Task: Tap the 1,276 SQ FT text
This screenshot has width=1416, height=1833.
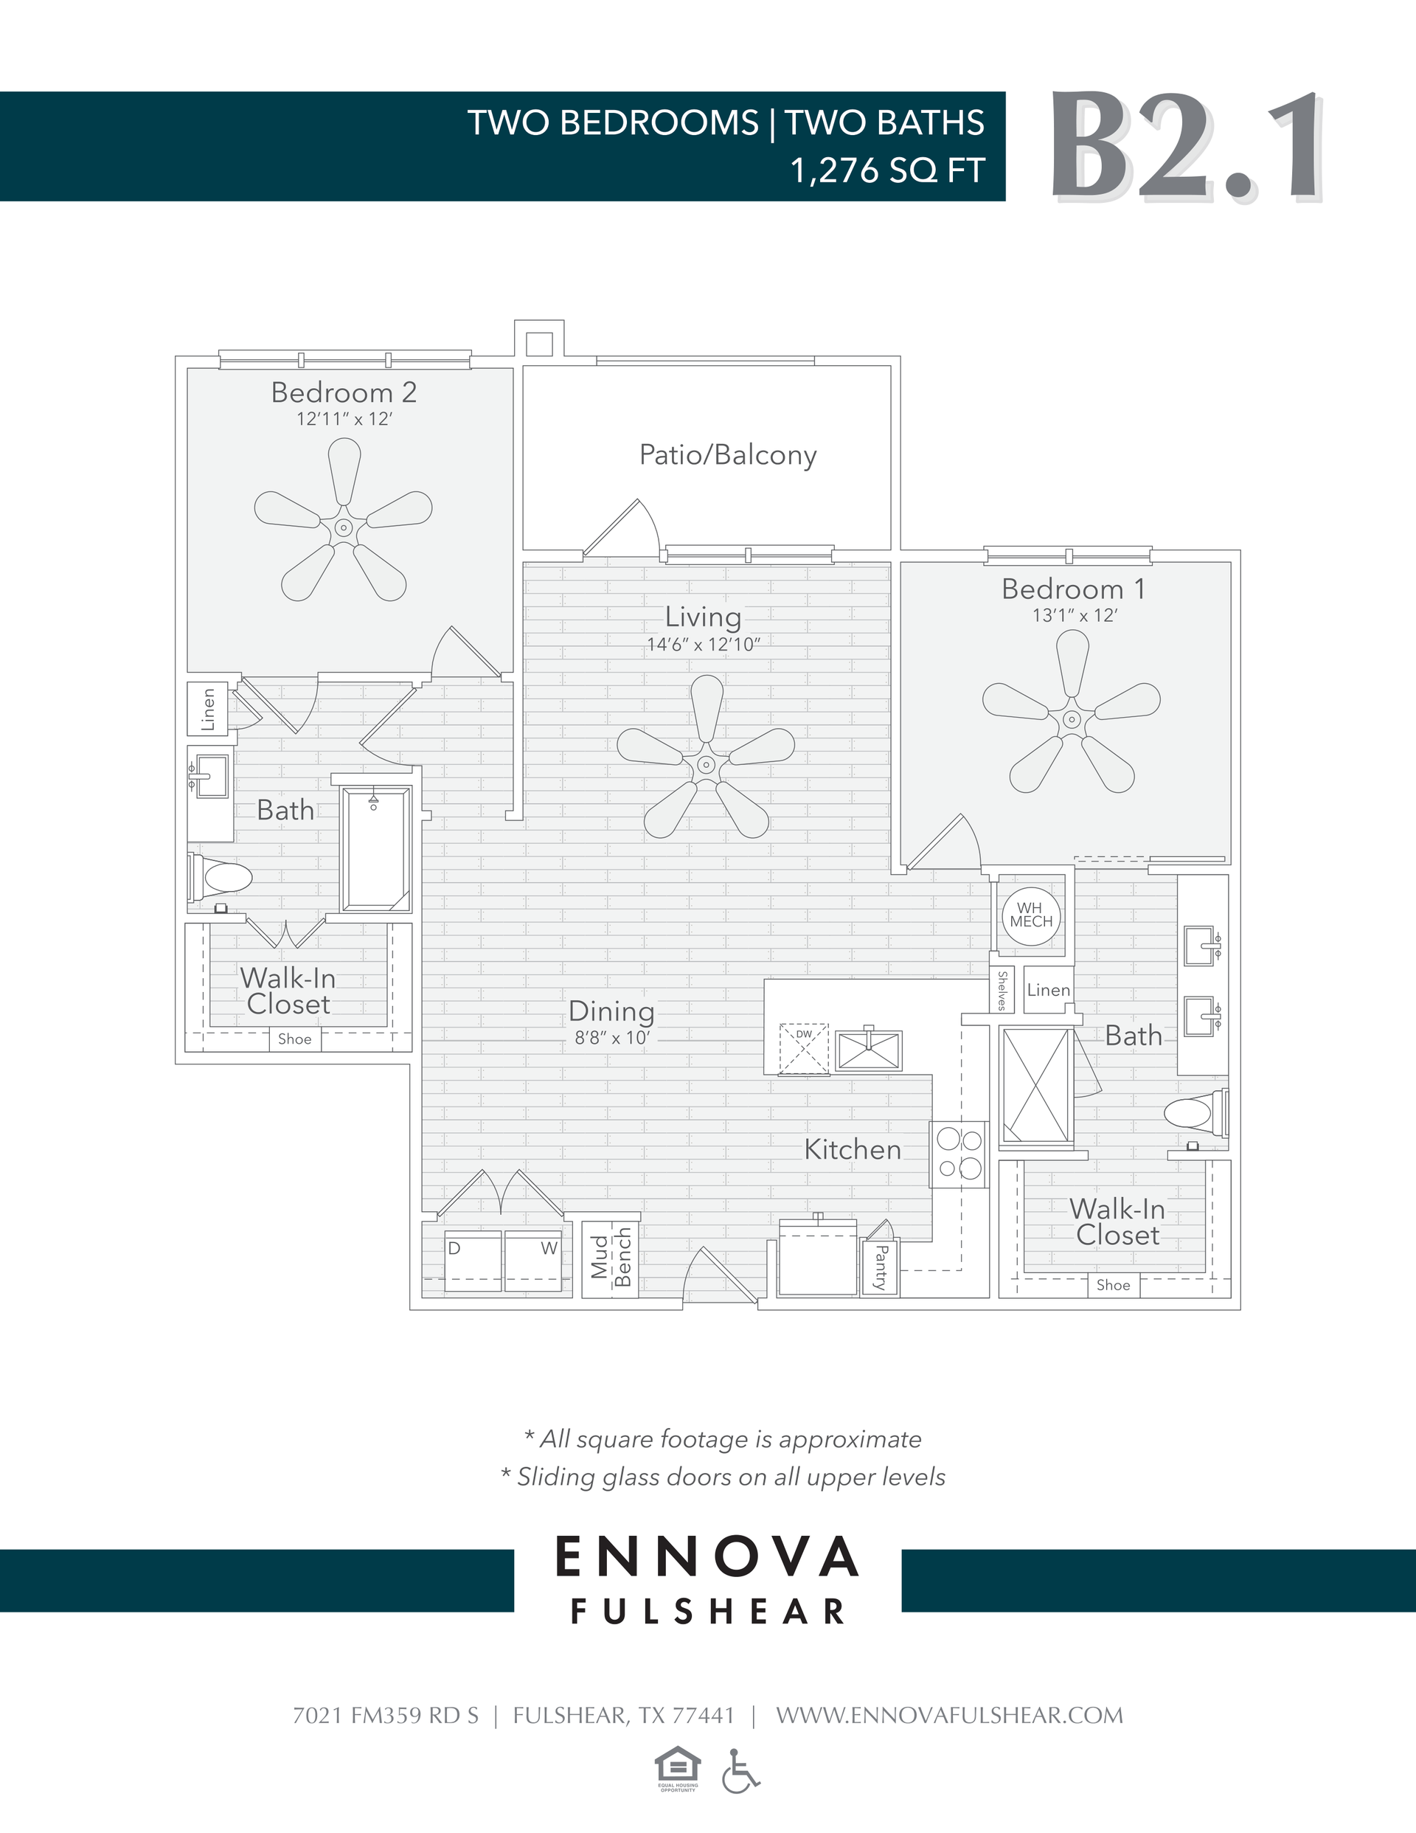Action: coord(886,170)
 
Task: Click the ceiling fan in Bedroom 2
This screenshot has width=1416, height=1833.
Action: coord(343,528)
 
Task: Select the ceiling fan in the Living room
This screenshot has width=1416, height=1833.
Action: coord(706,763)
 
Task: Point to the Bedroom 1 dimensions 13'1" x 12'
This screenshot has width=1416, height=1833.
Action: coord(1074,615)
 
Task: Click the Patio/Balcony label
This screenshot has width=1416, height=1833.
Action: coord(727,455)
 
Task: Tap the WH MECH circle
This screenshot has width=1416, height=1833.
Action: coord(1031,915)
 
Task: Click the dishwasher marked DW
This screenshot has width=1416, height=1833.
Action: coord(803,1048)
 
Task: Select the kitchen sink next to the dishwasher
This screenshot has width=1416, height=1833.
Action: coord(868,1051)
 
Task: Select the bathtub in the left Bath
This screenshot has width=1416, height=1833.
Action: coord(375,849)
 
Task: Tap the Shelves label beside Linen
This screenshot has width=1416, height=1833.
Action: coord(1002,991)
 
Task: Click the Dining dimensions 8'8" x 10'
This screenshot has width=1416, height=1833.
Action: coord(612,1038)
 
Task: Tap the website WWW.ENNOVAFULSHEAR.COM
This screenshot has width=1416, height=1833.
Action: coord(948,1716)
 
